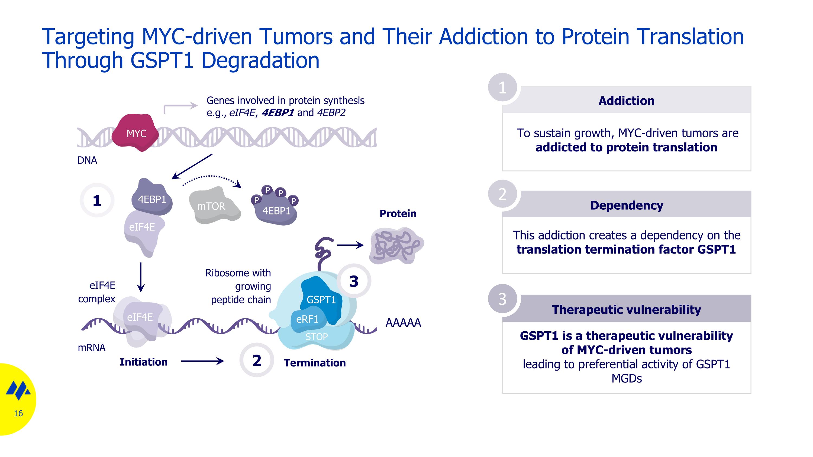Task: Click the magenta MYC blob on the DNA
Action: (136, 133)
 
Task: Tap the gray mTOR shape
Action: (213, 206)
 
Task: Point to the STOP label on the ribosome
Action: (316, 337)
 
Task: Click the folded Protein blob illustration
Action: (396, 246)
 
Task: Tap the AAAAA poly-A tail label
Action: (403, 323)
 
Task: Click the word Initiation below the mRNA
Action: (144, 362)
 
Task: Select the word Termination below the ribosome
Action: (315, 363)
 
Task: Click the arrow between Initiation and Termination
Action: (202, 361)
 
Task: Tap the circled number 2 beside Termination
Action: (257, 360)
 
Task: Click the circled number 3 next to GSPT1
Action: (354, 281)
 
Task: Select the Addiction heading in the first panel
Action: (627, 101)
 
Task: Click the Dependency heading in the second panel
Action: (627, 205)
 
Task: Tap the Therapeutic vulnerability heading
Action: (627, 309)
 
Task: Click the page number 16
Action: (18, 413)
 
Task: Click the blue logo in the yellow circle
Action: (18, 390)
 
